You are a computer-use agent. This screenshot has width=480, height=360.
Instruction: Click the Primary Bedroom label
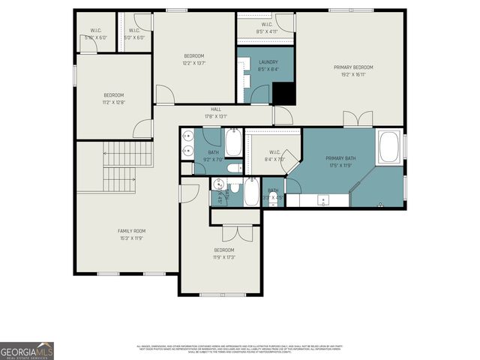[353, 67]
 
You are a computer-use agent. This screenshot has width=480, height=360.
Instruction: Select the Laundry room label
[268, 62]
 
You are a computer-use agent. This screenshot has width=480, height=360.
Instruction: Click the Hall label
[216, 109]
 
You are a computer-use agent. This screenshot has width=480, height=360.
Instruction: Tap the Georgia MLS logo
[27, 350]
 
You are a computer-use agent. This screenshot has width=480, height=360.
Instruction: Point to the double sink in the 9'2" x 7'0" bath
[187, 144]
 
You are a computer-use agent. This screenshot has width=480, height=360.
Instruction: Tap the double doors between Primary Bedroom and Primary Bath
[358, 119]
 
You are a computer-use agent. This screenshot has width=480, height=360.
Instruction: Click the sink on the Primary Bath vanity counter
[323, 199]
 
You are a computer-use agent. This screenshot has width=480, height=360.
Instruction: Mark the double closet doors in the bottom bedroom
[234, 232]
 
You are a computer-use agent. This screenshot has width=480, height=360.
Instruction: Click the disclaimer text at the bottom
[238, 349]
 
